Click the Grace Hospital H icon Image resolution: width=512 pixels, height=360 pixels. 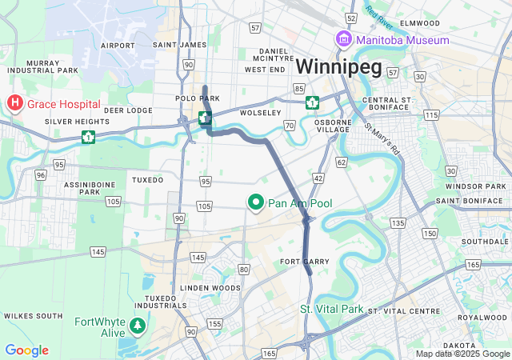[15, 103]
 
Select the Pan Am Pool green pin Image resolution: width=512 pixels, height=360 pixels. [257, 203]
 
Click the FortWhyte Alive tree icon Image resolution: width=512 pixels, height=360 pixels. [138, 326]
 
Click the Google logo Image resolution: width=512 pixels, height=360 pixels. [26, 350]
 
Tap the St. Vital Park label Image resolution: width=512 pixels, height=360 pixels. [331, 309]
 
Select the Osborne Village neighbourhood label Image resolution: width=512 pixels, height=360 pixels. [333, 125]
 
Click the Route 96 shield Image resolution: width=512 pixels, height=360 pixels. [40, 174]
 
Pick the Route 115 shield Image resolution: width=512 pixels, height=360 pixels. [432, 116]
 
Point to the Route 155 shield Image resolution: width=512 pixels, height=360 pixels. [214, 324]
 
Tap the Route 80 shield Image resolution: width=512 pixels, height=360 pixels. [244, 270]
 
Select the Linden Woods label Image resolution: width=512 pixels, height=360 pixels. [210, 287]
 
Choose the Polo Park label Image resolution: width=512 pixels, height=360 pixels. [198, 98]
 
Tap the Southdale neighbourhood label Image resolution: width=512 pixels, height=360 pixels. [480, 241]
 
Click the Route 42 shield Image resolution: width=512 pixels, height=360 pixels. [318, 178]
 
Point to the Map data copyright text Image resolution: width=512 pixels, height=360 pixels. [462, 354]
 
